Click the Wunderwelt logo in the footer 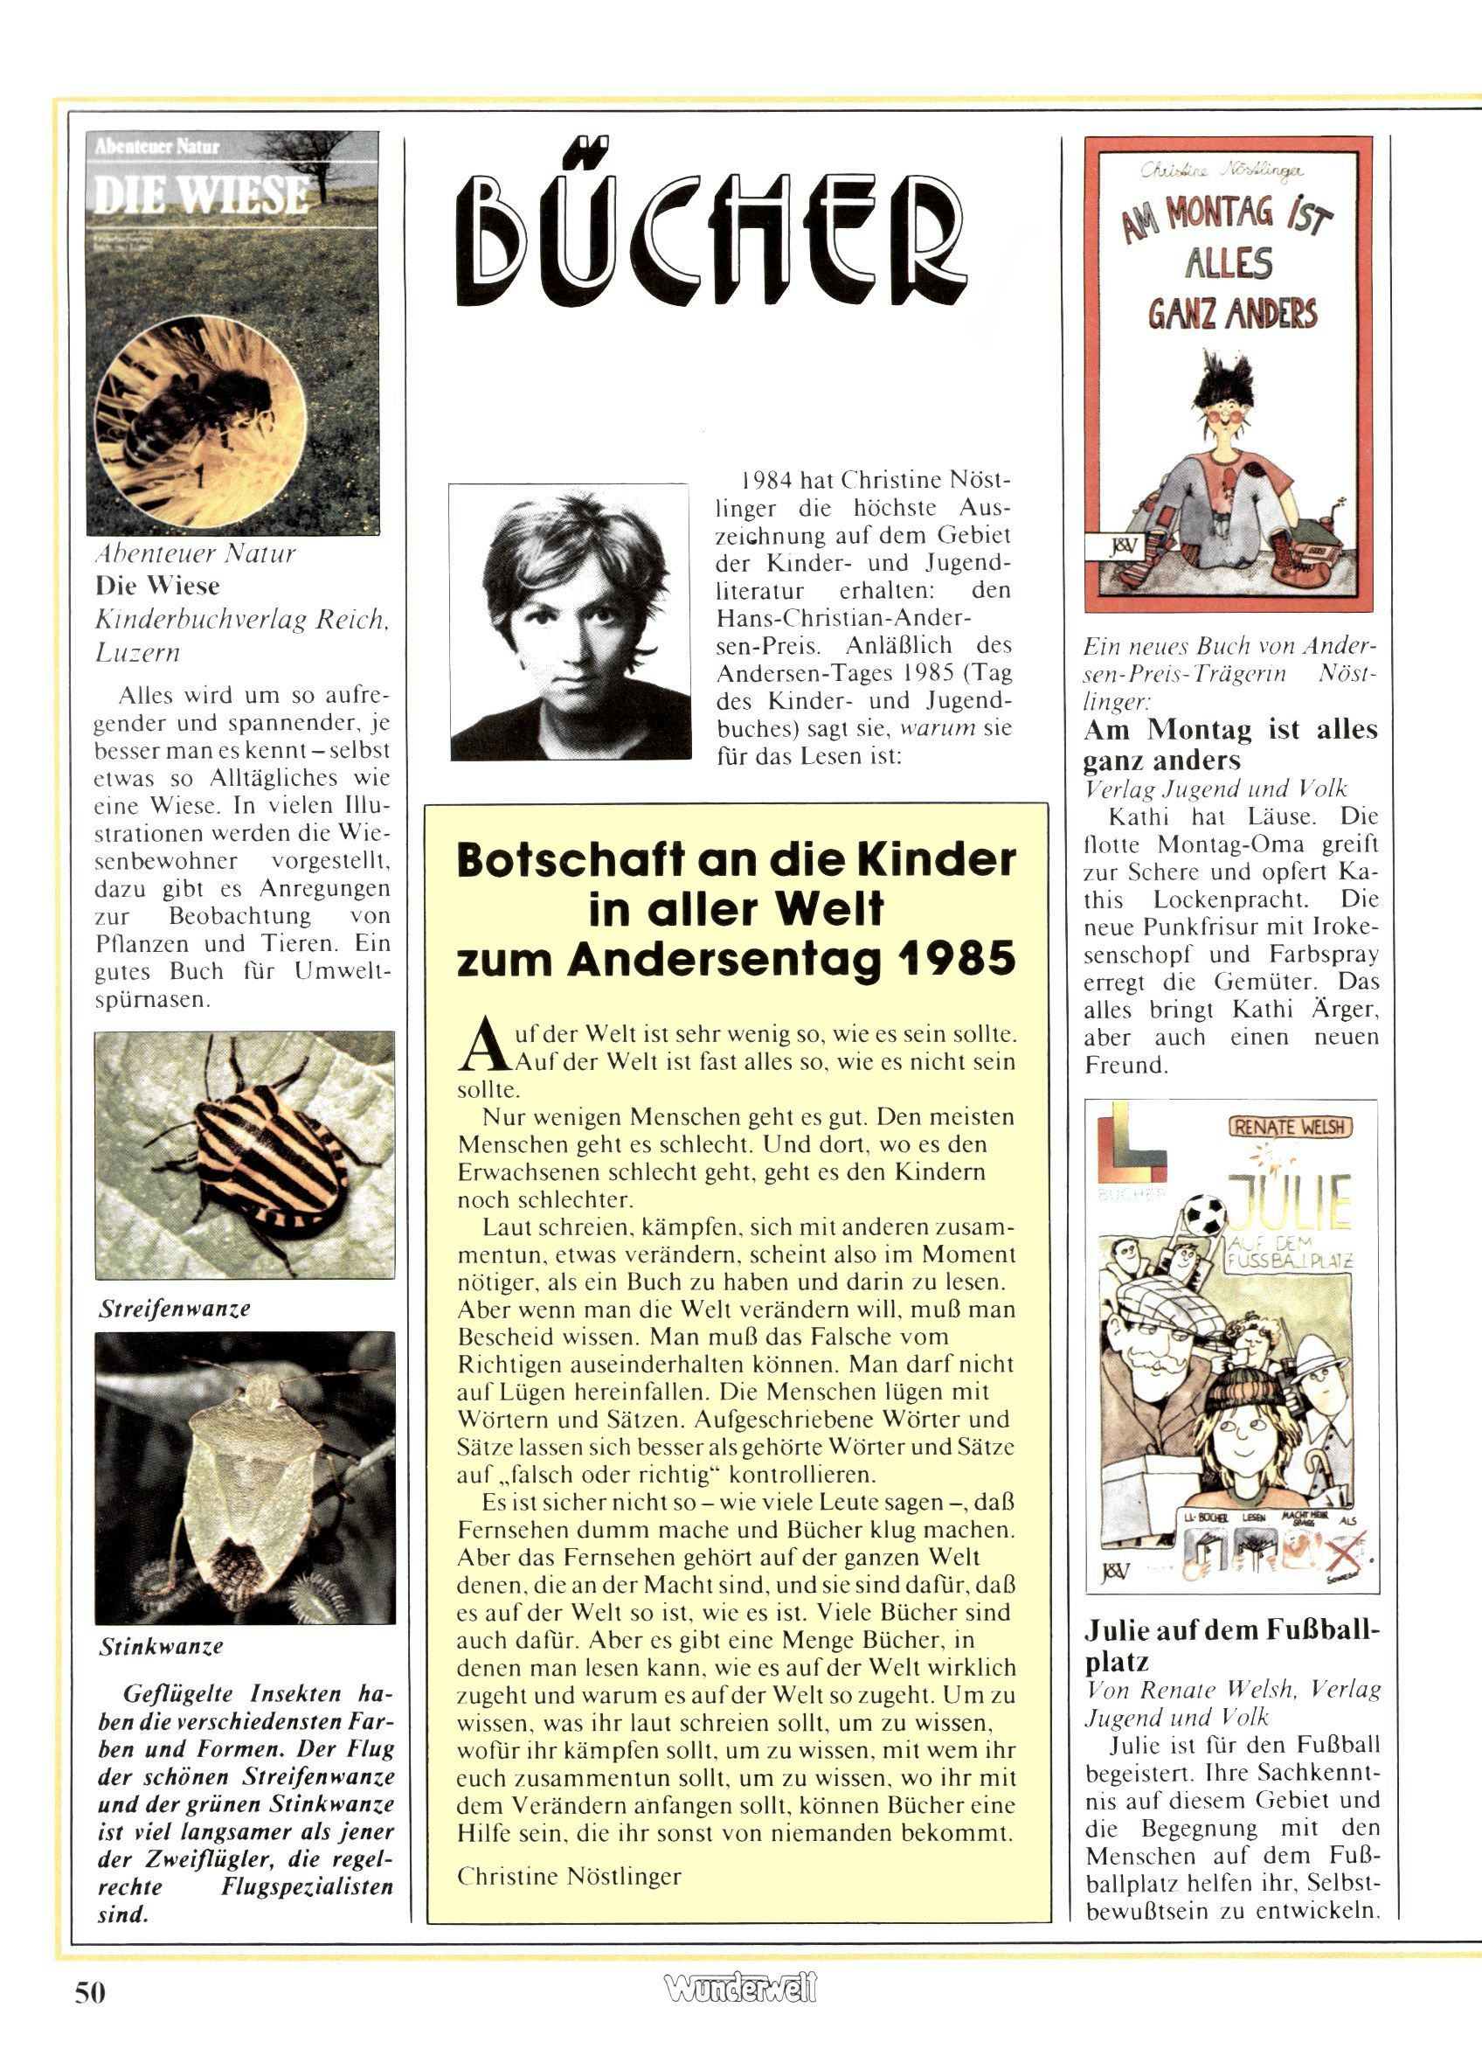(740, 1989)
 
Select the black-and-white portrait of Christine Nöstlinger (569, 622)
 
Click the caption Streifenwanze (174, 1308)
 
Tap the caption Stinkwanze (161, 1645)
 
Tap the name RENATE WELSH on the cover (1290, 1128)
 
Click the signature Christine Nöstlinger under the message (568, 1876)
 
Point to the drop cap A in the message (479, 1047)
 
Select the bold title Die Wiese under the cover (157, 586)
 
